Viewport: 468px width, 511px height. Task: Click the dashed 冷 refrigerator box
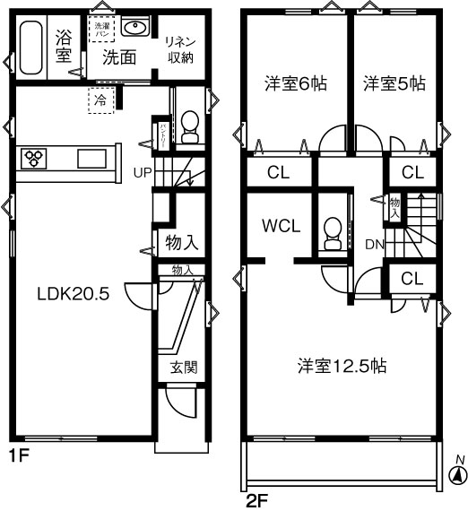(100, 100)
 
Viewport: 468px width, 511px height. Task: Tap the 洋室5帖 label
(394, 84)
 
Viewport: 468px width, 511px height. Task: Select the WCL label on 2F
(281, 225)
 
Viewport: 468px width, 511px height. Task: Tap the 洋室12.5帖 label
(342, 366)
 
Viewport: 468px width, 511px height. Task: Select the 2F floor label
(256, 499)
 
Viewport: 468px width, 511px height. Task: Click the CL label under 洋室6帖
(277, 172)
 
